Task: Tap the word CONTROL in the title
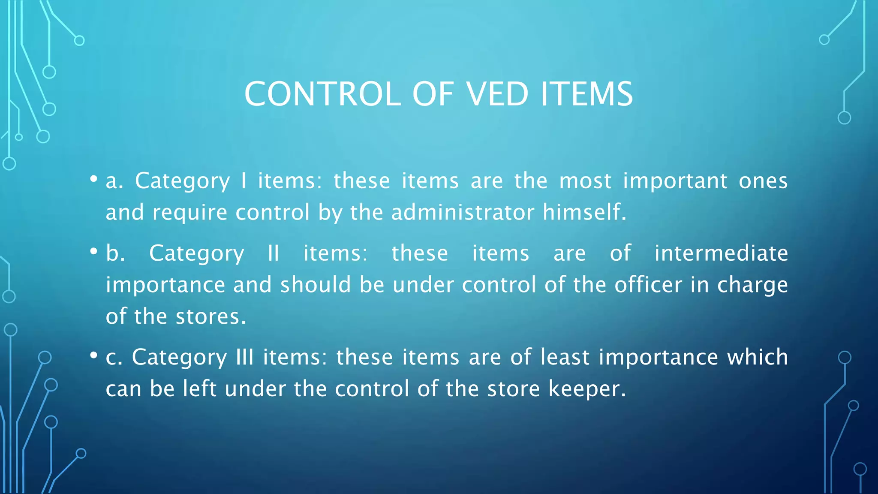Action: (322, 94)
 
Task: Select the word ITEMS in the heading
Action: (586, 94)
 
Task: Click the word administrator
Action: (463, 212)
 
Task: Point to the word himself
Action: (584, 212)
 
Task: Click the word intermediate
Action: (721, 253)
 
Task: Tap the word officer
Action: (648, 285)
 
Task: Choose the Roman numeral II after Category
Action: (274, 253)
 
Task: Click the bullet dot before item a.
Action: (93, 179)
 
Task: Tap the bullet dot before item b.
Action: (93, 252)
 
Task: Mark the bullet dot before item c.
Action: (93, 355)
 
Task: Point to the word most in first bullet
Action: (585, 181)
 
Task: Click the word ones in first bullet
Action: (763, 181)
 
